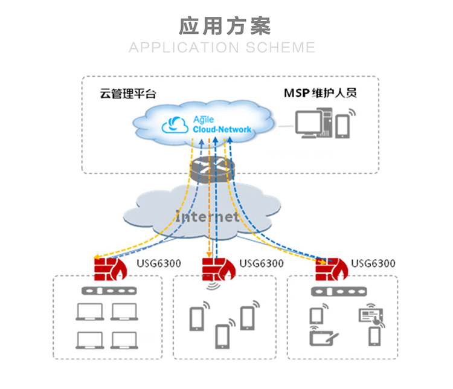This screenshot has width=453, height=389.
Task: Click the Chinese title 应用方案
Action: click(x=225, y=27)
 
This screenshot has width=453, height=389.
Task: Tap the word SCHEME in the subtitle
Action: click(x=280, y=48)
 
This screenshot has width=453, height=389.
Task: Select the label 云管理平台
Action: click(x=128, y=94)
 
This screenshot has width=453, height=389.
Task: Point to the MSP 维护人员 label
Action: click(x=320, y=93)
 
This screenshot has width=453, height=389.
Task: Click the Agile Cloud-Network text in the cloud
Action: click(x=222, y=124)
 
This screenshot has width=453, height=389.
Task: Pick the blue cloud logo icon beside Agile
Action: click(x=175, y=125)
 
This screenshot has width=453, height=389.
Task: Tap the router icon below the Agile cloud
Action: click(x=212, y=169)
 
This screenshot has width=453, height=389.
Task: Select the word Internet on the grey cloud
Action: click(x=207, y=216)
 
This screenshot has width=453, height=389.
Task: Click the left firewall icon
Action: click(x=111, y=269)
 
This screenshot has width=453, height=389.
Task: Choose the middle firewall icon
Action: click(x=219, y=269)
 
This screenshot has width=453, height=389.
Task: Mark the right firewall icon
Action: click(x=332, y=269)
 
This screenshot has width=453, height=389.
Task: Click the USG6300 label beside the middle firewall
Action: click(x=262, y=263)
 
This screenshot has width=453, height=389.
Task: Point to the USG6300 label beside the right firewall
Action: click(x=373, y=263)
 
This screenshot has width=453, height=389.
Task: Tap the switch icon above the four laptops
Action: click(x=109, y=291)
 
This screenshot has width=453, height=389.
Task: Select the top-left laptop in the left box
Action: click(x=90, y=312)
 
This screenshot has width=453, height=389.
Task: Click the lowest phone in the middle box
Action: click(x=222, y=336)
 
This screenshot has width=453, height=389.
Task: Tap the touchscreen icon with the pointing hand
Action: click(x=371, y=315)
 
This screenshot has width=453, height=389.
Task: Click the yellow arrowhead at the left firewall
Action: click(x=97, y=257)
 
